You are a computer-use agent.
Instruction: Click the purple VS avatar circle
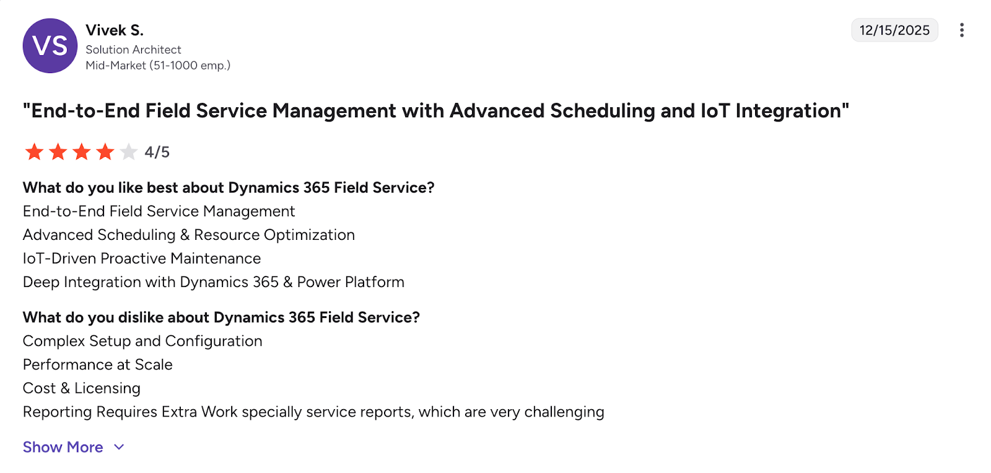click(50, 46)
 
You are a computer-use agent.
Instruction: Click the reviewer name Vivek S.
click(115, 30)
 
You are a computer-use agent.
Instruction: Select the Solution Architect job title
click(133, 50)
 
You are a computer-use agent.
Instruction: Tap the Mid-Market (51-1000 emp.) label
click(158, 65)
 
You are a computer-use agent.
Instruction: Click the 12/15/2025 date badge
click(894, 30)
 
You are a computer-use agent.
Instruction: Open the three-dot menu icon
click(961, 30)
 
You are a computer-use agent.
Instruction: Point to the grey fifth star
click(129, 152)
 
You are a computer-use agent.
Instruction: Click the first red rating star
click(34, 152)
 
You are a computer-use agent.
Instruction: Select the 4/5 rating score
click(157, 153)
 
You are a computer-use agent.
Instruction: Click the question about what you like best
click(229, 188)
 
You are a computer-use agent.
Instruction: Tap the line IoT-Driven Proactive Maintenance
click(142, 259)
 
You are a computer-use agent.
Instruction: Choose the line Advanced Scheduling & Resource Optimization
click(189, 235)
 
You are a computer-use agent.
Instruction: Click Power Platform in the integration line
click(351, 282)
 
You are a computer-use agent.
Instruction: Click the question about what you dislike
click(221, 317)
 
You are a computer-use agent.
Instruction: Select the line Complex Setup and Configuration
click(142, 341)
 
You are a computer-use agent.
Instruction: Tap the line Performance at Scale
click(98, 365)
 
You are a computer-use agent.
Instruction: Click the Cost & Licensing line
click(82, 388)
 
